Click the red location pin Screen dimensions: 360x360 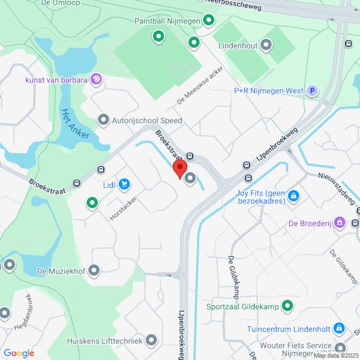pos(179,168)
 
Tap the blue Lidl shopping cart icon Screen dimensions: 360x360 pos(124,184)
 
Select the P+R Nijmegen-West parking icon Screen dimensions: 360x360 pos(311,91)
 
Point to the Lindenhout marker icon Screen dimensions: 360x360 pos(266,44)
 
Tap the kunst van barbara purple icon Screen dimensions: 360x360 pos(96,79)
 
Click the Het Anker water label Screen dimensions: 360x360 pos(75,122)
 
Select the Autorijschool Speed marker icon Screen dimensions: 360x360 pos(103,120)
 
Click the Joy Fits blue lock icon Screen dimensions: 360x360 pos(293,196)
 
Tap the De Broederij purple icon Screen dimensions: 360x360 pos(340,223)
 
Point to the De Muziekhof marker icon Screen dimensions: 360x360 pos(94,271)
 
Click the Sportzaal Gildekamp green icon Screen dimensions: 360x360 pos(287,306)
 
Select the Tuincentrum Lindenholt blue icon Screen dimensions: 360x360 pos(338,329)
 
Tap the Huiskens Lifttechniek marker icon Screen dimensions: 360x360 pos(151,340)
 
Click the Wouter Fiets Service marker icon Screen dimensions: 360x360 pos(340,349)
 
